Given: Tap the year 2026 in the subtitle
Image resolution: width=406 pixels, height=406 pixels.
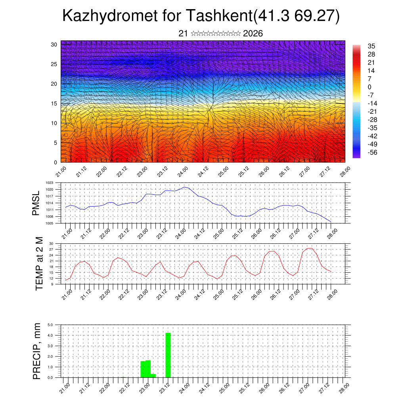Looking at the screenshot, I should (253, 34).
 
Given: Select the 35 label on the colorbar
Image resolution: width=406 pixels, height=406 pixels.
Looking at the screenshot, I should (372, 46).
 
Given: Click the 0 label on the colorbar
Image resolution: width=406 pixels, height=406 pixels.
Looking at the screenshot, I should (370, 87).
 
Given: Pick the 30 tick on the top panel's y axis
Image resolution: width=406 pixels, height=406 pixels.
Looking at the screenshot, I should (54, 44).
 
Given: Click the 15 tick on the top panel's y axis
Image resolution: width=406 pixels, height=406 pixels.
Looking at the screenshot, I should (54, 103).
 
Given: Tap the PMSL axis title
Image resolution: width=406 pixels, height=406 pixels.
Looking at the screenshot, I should (36, 203).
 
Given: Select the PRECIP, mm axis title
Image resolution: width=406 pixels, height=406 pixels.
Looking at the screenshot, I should (37, 351).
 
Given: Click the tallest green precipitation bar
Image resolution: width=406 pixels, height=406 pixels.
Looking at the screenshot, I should (168, 355).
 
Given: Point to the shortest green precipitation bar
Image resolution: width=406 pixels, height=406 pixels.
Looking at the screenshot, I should (153, 375).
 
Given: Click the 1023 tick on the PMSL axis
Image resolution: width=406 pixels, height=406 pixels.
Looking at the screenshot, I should (49, 183).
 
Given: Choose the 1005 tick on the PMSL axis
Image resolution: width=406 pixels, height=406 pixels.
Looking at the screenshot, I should (49, 223).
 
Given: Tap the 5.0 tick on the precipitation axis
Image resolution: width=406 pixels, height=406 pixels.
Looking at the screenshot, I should (50, 325).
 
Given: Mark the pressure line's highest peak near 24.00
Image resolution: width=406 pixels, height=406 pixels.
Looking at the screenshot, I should (184, 187).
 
